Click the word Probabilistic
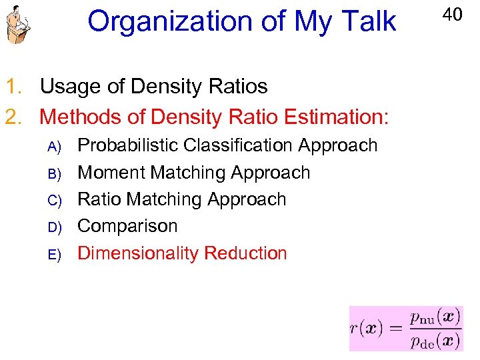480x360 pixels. coord(127,146)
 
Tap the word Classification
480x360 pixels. coord(238,145)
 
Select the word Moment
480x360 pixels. coord(112,173)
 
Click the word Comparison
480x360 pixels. coord(127,227)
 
